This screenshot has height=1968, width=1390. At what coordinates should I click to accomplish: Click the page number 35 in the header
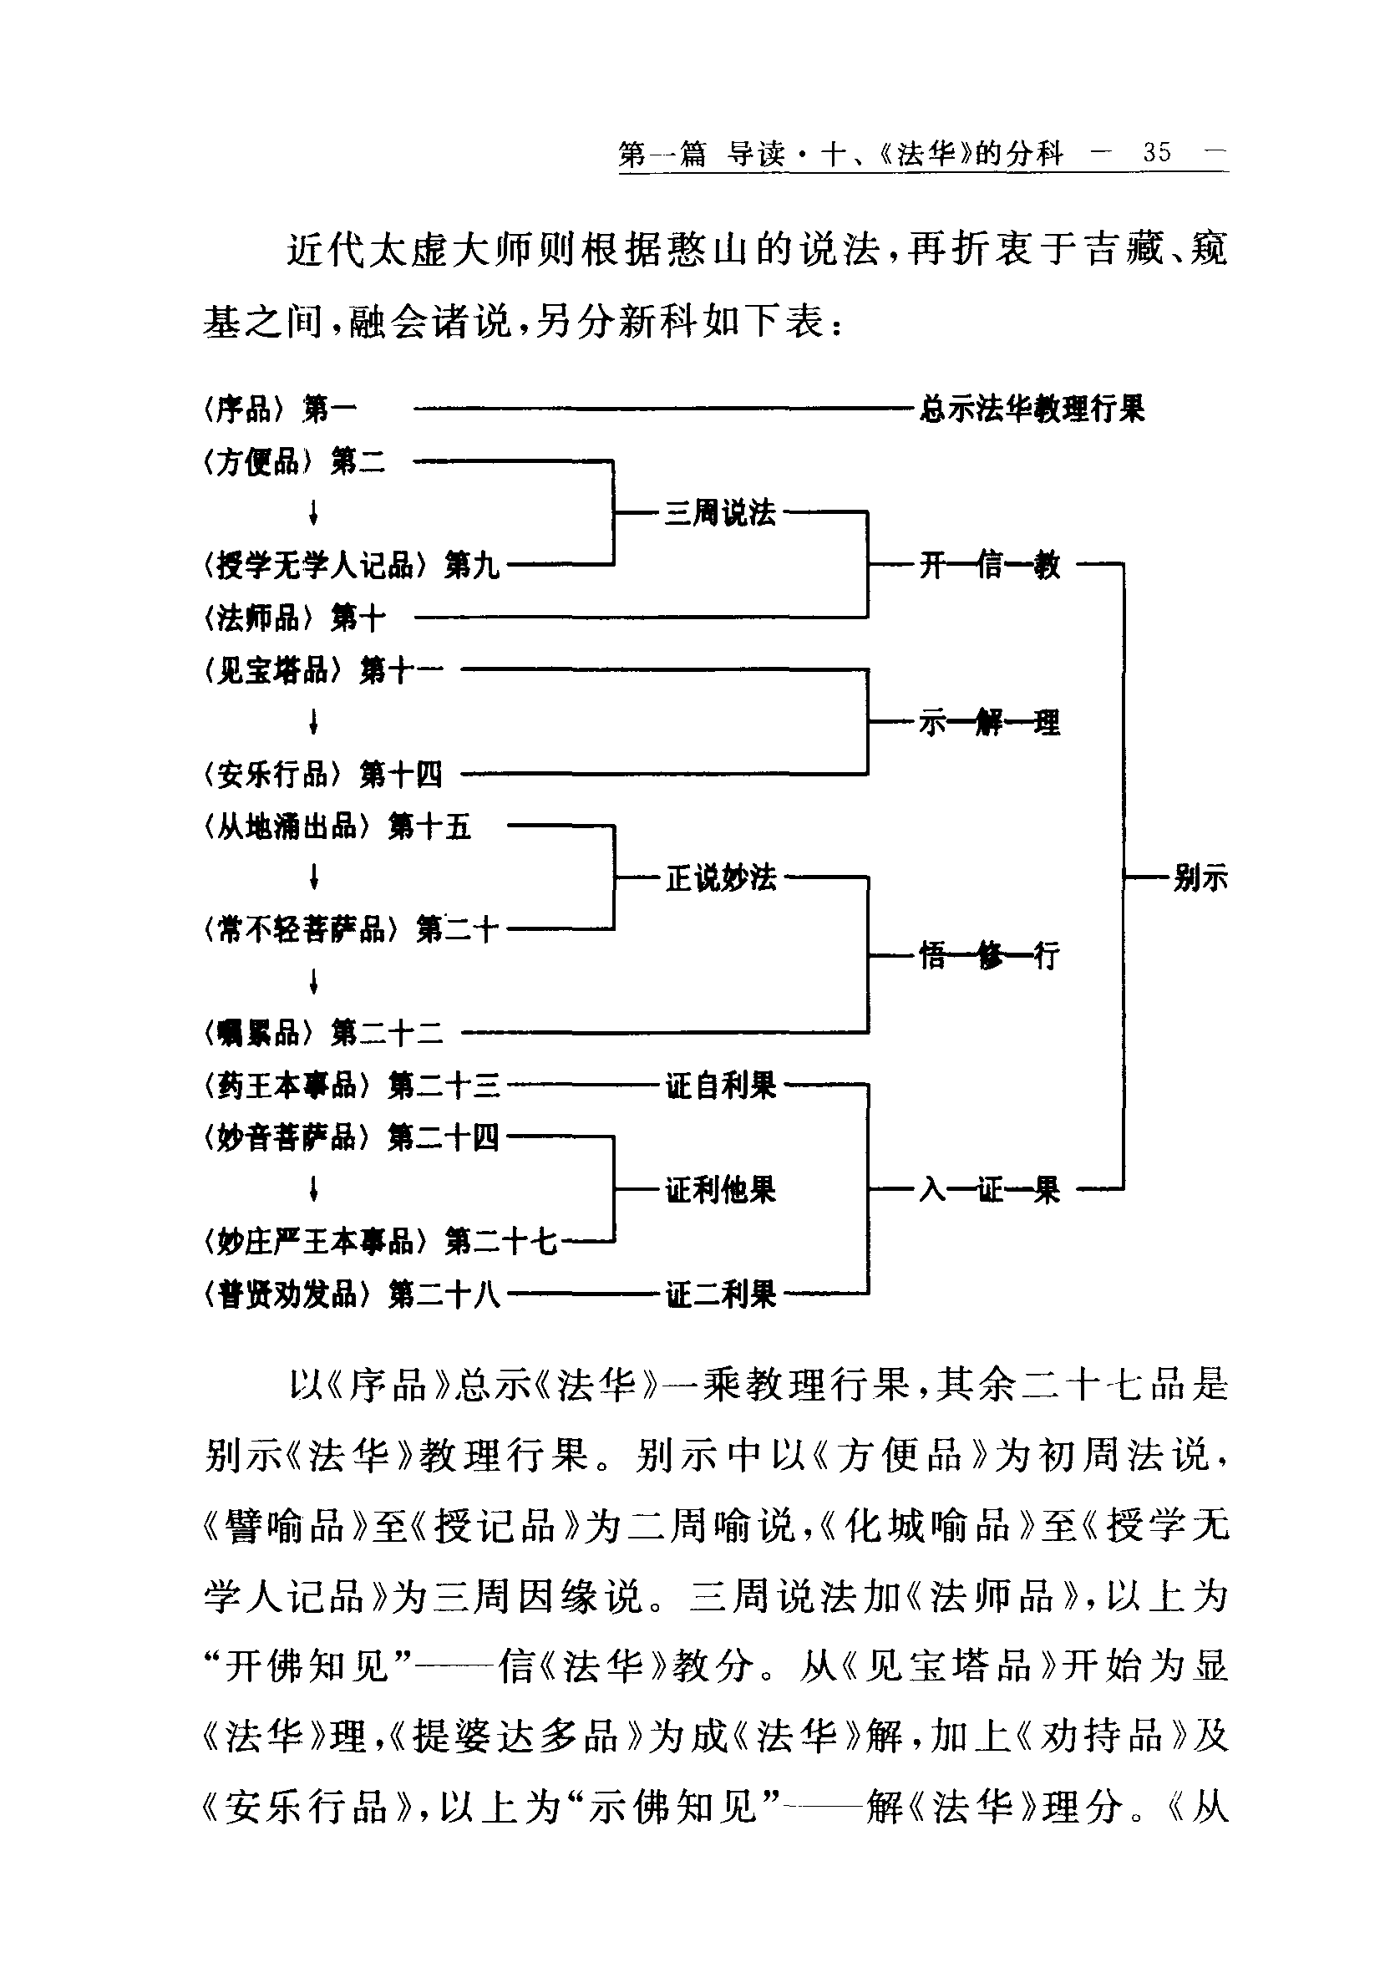tap(1156, 153)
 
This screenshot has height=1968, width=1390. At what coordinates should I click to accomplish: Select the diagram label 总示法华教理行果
tap(1031, 409)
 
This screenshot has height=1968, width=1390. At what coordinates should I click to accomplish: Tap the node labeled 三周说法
tap(720, 512)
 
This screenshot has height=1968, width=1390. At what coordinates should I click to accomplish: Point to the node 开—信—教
tap(990, 565)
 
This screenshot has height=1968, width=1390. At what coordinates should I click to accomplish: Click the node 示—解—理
tap(990, 723)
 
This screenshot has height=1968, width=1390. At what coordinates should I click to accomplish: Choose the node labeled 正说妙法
tap(721, 877)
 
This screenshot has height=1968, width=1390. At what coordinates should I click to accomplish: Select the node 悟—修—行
tap(990, 954)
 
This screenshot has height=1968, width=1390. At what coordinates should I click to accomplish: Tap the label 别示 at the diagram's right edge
tap(1200, 877)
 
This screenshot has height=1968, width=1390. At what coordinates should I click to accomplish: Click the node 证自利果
tap(721, 1086)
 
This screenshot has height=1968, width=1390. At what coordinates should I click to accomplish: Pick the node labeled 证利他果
tap(721, 1190)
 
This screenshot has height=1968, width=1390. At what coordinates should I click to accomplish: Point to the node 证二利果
tap(721, 1294)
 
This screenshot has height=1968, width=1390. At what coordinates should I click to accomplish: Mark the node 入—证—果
tap(990, 1190)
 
